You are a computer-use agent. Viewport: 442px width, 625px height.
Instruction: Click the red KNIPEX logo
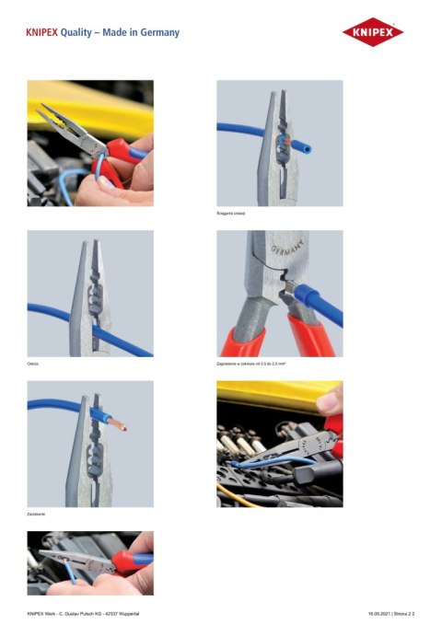[x=373, y=33]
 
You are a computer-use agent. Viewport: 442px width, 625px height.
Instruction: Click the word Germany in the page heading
[x=156, y=32]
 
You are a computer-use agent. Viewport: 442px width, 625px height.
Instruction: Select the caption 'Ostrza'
[x=33, y=365]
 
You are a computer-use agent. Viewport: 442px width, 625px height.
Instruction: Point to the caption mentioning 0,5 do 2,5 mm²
[x=254, y=365]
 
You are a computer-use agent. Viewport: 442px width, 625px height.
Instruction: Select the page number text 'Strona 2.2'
[x=416, y=612]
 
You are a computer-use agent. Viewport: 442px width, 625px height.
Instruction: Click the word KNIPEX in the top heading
[x=42, y=32]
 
